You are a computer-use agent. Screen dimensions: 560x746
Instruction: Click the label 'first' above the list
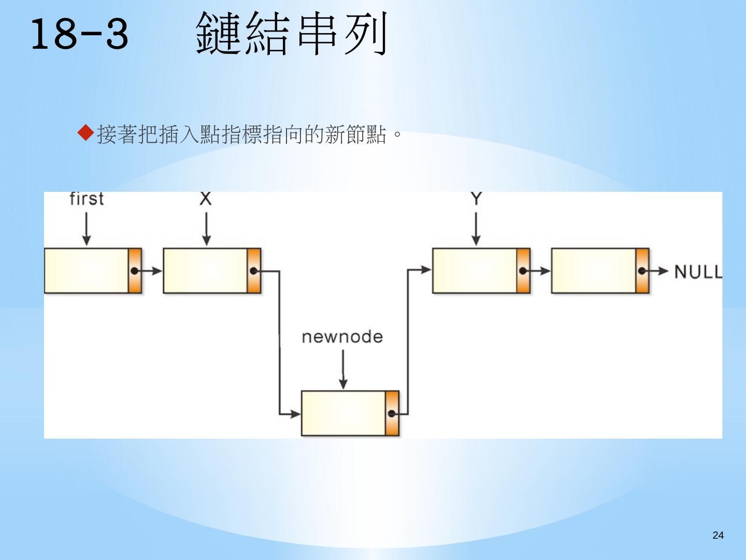point(87,199)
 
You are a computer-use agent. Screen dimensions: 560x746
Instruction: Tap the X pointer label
point(206,199)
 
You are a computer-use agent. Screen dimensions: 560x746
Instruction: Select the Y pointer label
point(476,198)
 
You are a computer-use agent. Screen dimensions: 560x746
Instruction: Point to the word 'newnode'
point(342,337)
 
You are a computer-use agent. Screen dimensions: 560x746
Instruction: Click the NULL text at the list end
point(698,271)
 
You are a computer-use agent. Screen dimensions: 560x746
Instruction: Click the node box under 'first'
point(87,271)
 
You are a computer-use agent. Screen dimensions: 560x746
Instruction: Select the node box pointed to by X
point(206,271)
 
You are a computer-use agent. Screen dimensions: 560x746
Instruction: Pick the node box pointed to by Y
point(475,271)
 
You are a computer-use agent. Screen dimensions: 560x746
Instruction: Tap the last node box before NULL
point(594,271)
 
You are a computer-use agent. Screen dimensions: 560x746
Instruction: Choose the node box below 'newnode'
point(343,413)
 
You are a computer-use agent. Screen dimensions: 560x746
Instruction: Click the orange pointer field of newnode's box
point(392,413)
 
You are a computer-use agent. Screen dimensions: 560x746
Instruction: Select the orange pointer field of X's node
point(254,271)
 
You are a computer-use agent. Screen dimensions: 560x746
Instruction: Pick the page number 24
point(718,535)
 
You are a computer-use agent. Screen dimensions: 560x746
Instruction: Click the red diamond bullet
point(85,134)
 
